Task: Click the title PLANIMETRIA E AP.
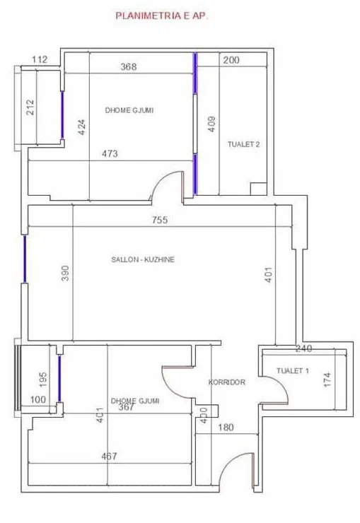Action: click(162, 16)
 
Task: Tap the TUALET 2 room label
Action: click(243, 144)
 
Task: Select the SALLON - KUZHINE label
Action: click(143, 259)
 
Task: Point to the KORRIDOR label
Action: click(227, 382)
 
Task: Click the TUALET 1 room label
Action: click(293, 370)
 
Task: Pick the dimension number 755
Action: click(160, 220)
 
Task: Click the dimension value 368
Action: click(129, 66)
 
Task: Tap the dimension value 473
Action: click(110, 153)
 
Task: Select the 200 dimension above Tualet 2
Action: click(231, 60)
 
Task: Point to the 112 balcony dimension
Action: click(40, 59)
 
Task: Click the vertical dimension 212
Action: click(30, 107)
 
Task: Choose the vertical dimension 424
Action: click(82, 127)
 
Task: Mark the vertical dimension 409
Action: click(212, 124)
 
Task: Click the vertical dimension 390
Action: click(65, 273)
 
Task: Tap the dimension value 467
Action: click(109, 456)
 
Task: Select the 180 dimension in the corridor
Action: click(226, 428)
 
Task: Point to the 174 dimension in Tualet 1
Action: click(327, 380)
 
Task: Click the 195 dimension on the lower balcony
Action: click(43, 380)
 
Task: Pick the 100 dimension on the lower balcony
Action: click(38, 399)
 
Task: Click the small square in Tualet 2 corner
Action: click(259, 189)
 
